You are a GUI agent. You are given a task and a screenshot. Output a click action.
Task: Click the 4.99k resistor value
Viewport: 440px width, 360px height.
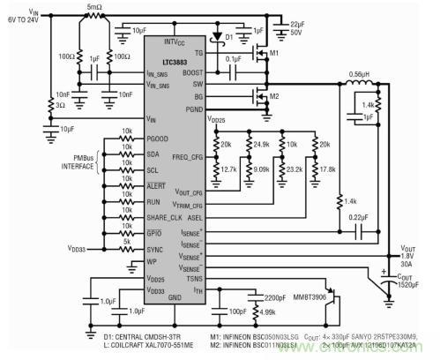pos(265,311)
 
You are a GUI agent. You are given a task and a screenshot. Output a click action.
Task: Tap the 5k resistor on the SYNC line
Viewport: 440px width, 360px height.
pos(129,244)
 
